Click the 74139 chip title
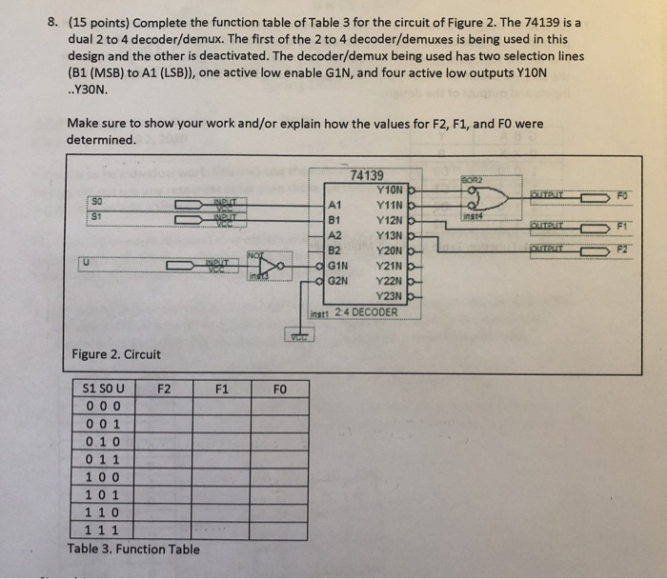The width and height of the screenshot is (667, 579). pyautogui.click(x=368, y=175)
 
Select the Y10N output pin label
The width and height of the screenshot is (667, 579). pyautogui.click(x=392, y=189)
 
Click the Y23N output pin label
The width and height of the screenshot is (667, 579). pyautogui.click(x=392, y=295)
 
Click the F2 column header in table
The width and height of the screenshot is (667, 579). pyautogui.click(x=165, y=389)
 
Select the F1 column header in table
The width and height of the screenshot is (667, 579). pyautogui.click(x=221, y=389)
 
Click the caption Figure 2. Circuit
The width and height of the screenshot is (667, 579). pyautogui.click(x=116, y=354)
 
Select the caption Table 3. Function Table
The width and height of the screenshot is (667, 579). pyautogui.click(x=133, y=549)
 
